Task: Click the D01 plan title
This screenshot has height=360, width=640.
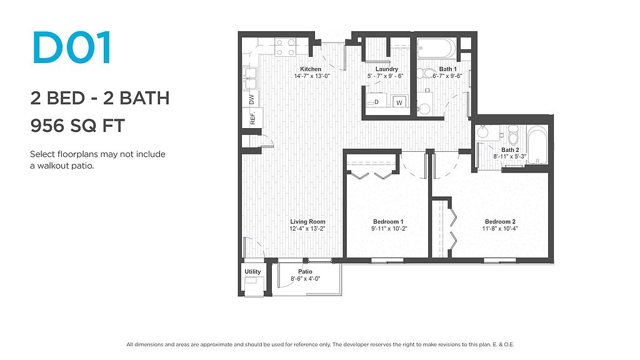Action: (x=72, y=47)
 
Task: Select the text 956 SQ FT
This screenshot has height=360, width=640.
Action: (x=77, y=126)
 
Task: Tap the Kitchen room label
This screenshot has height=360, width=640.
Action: (x=311, y=69)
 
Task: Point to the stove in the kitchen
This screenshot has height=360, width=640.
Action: (x=285, y=47)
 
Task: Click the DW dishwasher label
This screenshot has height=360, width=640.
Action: (x=251, y=99)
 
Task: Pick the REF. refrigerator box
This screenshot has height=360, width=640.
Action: (x=252, y=118)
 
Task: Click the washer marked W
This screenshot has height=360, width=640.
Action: (x=399, y=102)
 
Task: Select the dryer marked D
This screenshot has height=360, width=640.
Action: (x=376, y=101)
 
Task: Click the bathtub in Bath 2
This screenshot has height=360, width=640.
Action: (x=537, y=145)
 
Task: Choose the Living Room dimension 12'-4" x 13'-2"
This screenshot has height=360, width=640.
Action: (x=307, y=229)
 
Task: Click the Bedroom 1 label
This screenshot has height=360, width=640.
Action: (x=387, y=222)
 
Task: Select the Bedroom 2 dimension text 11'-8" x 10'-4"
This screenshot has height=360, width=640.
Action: (x=500, y=229)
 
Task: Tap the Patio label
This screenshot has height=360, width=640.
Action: (x=305, y=271)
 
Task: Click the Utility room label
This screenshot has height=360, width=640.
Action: (x=252, y=271)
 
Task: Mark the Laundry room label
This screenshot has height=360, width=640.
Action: (x=386, y=69)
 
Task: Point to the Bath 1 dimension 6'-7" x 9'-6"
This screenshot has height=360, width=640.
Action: (x=447, y=76)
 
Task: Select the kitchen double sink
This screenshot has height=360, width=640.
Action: (x=250, y=78)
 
